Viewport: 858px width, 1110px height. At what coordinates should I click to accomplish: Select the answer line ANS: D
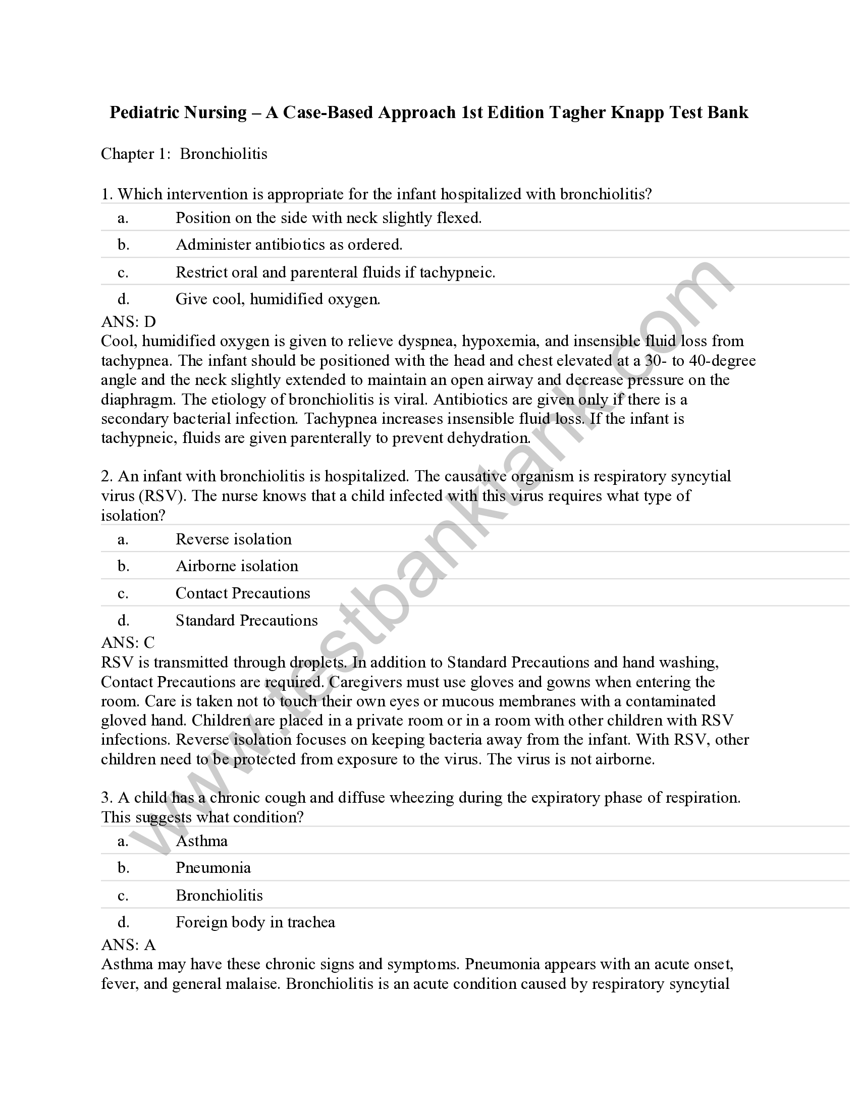(x=128, y=321)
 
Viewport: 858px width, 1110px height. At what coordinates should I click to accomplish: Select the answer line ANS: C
(x=128, y=642)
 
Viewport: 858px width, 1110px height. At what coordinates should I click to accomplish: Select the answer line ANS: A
(x=128, y=945)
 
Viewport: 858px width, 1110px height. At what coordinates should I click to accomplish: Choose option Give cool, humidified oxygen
(x=278, y=299)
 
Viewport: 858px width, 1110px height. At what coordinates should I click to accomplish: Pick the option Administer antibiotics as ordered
(x=289, y=245)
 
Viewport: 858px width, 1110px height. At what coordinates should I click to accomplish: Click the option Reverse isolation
(x=233, y=539)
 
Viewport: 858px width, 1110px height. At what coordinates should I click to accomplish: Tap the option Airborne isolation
(x=237, y=566)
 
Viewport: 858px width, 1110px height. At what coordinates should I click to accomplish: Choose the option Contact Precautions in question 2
(x=242, y=593)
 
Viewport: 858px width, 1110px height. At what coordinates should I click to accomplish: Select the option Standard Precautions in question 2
(x=246, y=620)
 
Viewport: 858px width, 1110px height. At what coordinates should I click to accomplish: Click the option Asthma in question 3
(x=201, y=841)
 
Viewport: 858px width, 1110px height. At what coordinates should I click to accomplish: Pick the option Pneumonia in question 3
(x=213, y=868)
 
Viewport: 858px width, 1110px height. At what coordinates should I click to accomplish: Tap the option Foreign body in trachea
(x=255, y=922)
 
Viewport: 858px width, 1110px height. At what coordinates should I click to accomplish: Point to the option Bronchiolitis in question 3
(x=219, y=895)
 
